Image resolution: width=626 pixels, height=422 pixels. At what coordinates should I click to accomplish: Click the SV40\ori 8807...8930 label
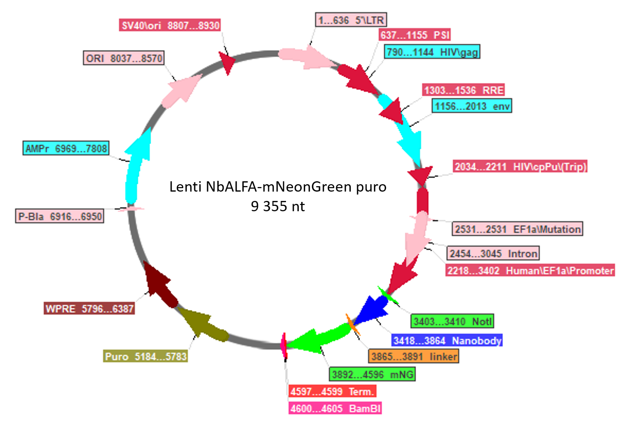pos(170,25)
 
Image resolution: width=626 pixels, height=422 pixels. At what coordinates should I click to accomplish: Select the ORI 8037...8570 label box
pos(124,58)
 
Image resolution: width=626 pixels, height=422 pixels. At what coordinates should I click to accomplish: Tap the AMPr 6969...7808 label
pos(66,148)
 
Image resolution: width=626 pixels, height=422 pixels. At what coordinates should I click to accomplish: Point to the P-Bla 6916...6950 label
pos(60,216)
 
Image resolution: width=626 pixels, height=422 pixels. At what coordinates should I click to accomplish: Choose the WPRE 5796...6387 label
pos(89,309)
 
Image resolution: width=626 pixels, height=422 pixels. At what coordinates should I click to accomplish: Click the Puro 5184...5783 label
pos(145,356)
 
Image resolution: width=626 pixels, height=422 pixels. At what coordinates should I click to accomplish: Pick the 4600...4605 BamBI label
pos(336,409)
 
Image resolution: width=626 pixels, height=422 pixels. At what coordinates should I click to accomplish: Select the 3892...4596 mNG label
pos(372,374)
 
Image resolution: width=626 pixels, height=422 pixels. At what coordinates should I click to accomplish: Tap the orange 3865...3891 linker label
pos(414,356)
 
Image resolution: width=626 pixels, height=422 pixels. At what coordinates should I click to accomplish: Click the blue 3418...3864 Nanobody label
pos(447,340)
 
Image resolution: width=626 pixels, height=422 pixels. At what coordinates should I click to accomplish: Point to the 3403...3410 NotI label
pos(452,321)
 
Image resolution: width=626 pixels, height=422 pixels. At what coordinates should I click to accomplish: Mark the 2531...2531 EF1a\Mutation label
pos(518,229)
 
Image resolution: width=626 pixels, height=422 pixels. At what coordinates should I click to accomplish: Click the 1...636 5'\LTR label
pos(351,20)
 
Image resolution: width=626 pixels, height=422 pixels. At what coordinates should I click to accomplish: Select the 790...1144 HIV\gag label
pos(432,52)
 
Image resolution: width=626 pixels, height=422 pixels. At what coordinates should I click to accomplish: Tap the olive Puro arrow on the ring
pos(203,325)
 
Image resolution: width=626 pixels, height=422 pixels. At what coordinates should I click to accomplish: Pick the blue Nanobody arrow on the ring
pos(370,310)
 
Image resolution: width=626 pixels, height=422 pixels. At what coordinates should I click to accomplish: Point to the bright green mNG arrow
pos(318,338)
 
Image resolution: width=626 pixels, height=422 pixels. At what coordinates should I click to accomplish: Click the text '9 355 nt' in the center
pos(278,206)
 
